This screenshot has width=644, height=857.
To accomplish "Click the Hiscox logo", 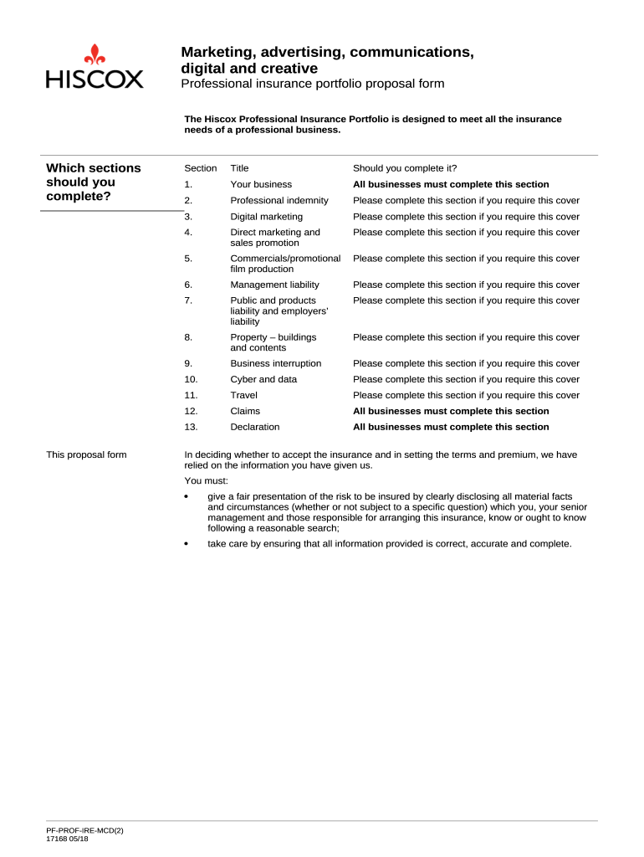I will pyautogui.click(x=95, y=67).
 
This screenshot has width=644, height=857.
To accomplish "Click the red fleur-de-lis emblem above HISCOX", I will pyautogui.click(x=95, y=54).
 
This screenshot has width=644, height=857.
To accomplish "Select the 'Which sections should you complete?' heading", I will pyautogui.click(x=93, y=182).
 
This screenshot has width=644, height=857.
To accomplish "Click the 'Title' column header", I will pyautogui.click(x=239, y=168).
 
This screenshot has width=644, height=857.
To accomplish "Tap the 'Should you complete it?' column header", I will pyautogui.click(x=405, y=168).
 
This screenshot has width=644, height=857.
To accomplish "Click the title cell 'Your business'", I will pyautogui.click(x=261, y=184).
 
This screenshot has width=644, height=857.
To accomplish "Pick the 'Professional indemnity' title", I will pyautogui.click(x=279, y=200).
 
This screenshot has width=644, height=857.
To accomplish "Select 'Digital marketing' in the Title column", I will pyautogui.click(x=267, y=217).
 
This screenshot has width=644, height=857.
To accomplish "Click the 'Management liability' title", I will pyautogui.click(x=274, y=285).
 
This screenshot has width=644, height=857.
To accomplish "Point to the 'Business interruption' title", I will pyautogui.click(x=275, y=363).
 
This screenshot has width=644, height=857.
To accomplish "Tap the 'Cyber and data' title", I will pyautogui.click(x=263, y=379).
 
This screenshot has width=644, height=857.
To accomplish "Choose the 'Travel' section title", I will pyautogui.click(x=243, y=395).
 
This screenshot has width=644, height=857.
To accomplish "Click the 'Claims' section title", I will pyautogui.click(x=245, y=411).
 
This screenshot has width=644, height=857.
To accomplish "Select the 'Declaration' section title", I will pyautogui.click(x=254, y=427).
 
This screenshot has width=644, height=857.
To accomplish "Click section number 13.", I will pyautogui.click(x=191, y=427).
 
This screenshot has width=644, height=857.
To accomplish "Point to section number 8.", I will pyautogui.click(x=188, y=337).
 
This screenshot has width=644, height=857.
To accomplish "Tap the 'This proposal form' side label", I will pyautogui.click(x=86, y=455).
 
